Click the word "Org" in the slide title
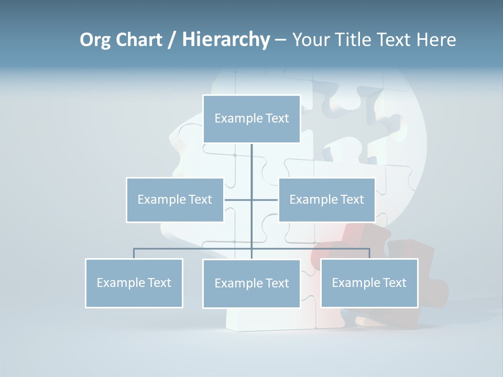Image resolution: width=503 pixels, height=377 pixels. point(95,40)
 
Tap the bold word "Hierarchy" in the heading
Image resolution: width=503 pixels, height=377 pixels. point(225,40)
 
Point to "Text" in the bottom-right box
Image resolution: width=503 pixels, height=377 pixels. point(395,283)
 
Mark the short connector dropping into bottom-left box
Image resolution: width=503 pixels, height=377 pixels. point(134,253)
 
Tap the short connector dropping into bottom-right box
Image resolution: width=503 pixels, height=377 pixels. point(369,253)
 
